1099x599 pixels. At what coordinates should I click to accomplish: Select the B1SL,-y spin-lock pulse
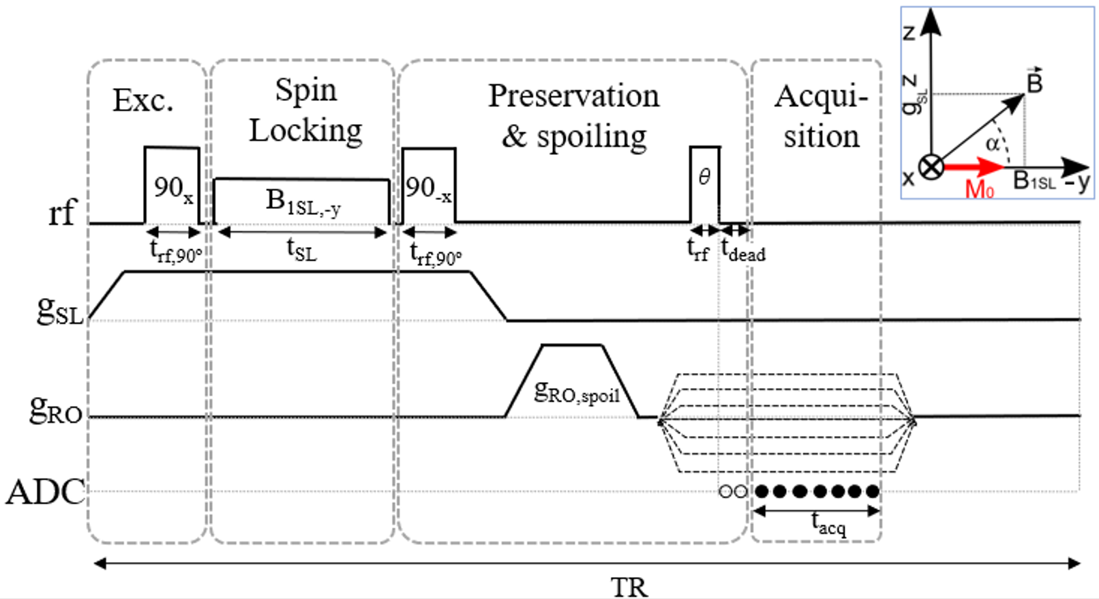coord(302,201)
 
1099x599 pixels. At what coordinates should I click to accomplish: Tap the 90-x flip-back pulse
coord(429,186)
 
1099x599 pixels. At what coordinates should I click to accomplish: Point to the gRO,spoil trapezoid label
coord(577,392)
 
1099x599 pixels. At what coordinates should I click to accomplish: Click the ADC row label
coord(46,492)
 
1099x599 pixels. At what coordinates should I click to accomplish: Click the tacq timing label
coord(828,523)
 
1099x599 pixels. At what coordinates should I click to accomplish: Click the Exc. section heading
coord(143,100)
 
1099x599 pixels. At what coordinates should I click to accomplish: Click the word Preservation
coord(574,96)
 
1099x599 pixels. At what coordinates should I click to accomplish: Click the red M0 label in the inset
coord(979,188)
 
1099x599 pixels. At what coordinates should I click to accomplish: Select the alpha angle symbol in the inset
coord(993,143)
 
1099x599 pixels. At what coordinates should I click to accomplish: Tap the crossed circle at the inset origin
coord(931,166)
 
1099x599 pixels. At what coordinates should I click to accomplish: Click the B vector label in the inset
coord(1034,83)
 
